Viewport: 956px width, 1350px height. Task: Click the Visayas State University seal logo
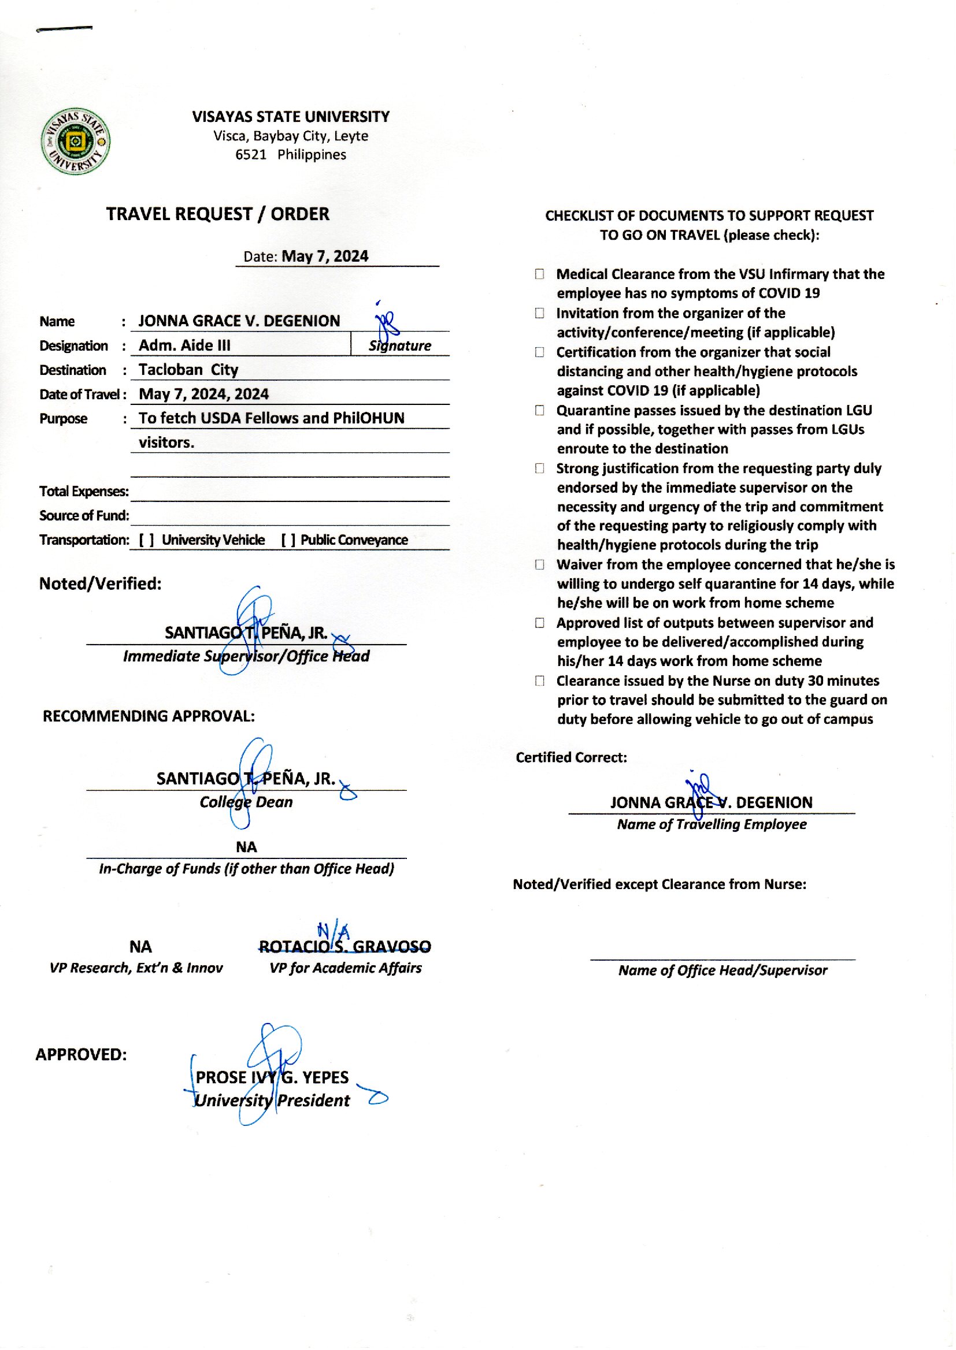tap(76, 141)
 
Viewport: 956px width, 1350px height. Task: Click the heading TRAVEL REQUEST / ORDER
tap(218, 214)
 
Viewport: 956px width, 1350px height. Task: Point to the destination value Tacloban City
tap(188, 370)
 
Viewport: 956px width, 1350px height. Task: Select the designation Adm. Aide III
tap(184, 345)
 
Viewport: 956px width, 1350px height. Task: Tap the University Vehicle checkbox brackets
tap(147, 540)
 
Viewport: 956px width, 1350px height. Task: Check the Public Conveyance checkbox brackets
tap(288, 540)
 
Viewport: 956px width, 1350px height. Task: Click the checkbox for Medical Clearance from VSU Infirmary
tap(539, 274)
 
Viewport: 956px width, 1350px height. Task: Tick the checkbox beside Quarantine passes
tap(539, 411)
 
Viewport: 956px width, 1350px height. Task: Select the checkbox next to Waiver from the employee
tap(539, 565)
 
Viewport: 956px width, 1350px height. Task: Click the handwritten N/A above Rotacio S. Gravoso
tap(333, 931)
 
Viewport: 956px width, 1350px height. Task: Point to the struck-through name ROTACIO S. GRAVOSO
tap(345, 946)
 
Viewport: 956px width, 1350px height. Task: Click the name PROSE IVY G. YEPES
tap(272, 1077)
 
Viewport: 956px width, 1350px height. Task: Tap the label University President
tap(272, 1100)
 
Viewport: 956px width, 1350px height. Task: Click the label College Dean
tap(246, 802)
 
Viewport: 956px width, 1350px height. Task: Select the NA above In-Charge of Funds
tap(246, 847)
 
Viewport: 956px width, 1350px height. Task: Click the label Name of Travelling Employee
tap(712, 824)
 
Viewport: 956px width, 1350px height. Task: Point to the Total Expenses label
tap(84, 491)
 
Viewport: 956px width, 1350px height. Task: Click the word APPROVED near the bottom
tap(81, 1054)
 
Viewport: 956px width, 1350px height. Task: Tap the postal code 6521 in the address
tap(251, 155)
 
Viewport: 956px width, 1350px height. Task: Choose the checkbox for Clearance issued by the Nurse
tap(539, 681)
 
